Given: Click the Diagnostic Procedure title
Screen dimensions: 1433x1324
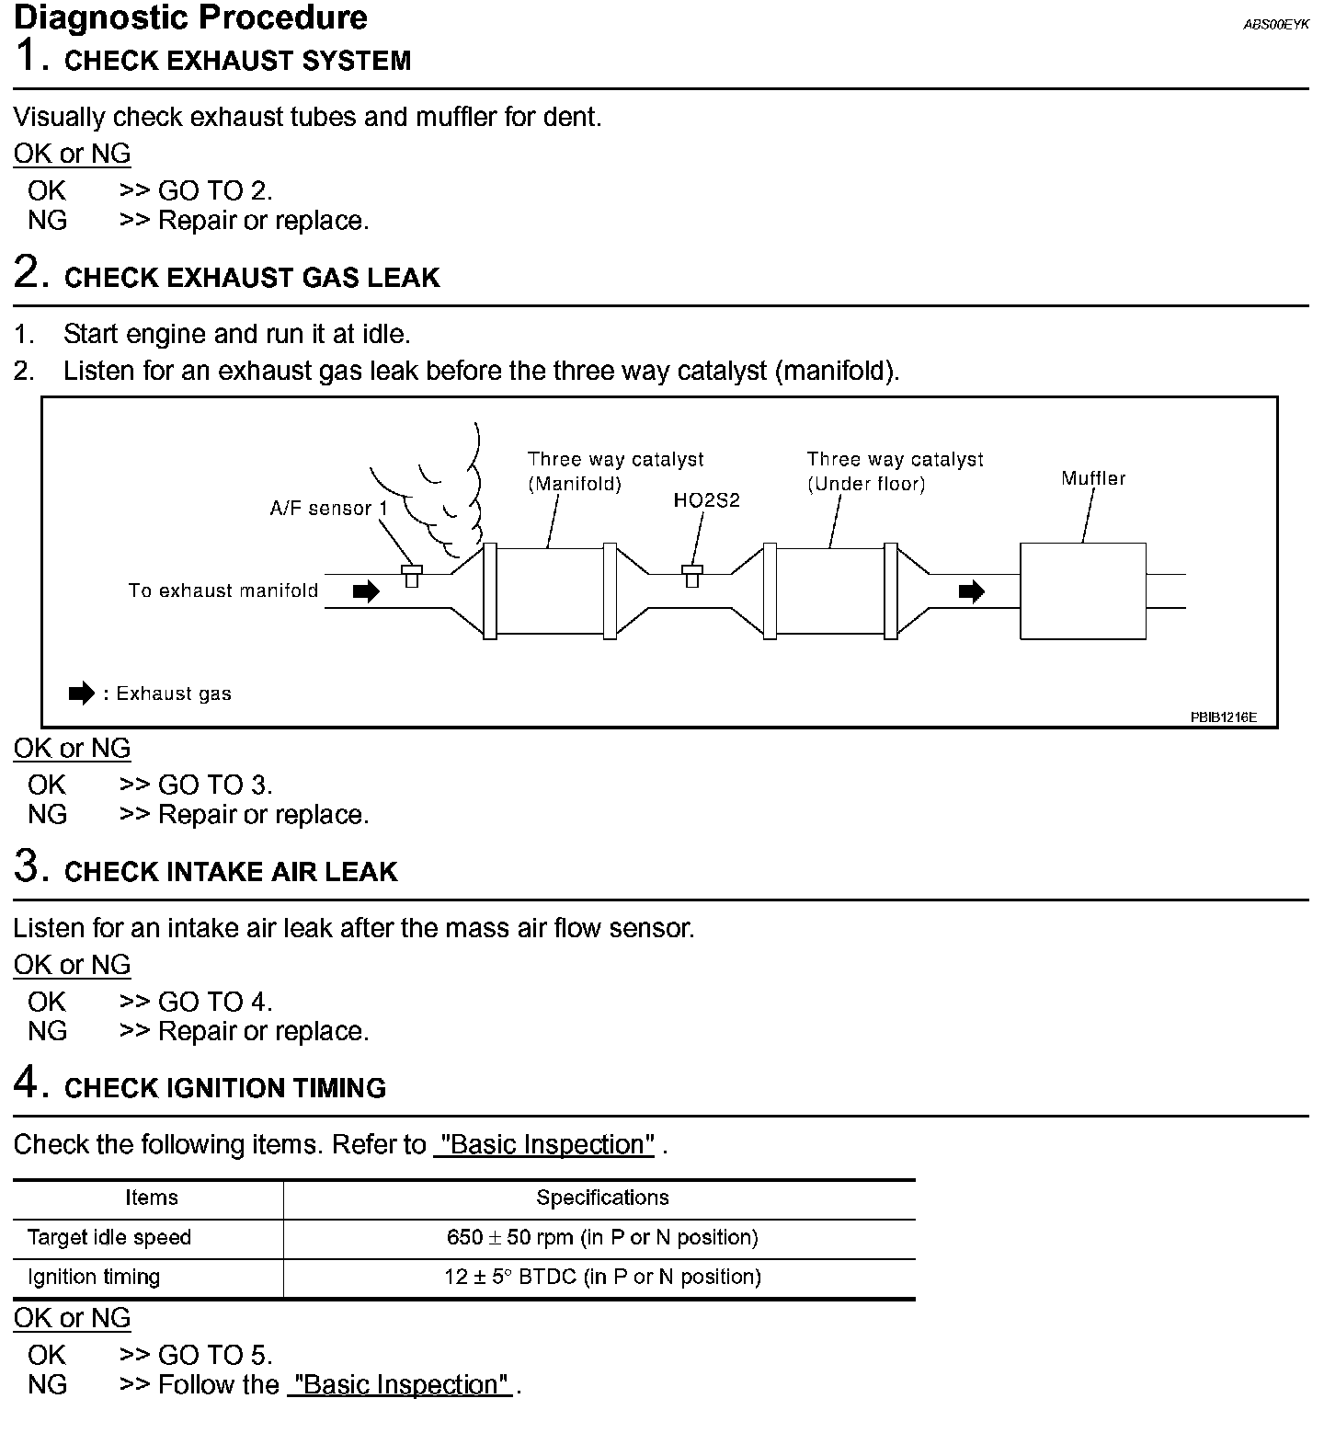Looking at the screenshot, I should [190, 17].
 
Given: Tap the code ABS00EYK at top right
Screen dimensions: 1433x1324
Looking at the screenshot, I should [1275, 25].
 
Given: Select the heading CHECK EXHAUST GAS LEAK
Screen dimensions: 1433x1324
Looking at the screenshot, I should [252, 278].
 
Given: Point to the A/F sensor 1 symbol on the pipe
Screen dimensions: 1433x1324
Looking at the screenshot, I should [412, 576].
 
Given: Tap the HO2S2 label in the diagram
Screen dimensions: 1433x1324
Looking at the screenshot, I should [706, 500].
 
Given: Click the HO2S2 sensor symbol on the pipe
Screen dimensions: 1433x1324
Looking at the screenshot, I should [692, 576].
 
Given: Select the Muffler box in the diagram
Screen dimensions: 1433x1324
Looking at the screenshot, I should [1082, 591].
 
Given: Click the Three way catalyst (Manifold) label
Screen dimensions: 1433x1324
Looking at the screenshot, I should [615, 471].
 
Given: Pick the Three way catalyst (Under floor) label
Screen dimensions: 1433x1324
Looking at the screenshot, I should [895, 471].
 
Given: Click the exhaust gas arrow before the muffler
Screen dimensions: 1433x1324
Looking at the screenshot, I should [971, 591].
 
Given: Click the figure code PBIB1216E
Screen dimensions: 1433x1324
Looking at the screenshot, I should [1223, 716].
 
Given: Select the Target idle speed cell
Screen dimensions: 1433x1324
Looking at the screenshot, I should [109, 1237].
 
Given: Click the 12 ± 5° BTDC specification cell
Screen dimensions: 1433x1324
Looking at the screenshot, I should [602, 1277].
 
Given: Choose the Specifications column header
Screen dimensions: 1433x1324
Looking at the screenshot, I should [602, 1198].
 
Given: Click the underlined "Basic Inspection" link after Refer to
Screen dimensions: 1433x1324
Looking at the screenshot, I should [544, 1144].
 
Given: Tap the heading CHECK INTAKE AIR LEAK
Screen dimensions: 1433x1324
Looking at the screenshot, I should [231, 872].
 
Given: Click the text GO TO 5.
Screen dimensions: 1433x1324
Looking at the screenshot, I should [215, 1355].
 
